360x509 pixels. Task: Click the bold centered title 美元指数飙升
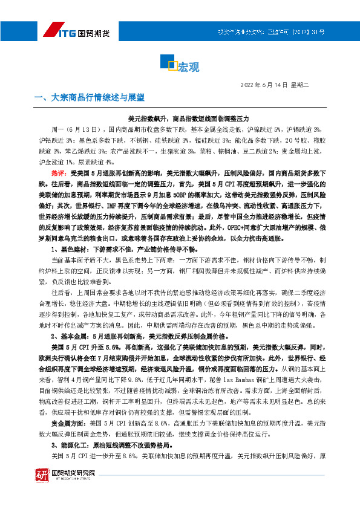180,118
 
